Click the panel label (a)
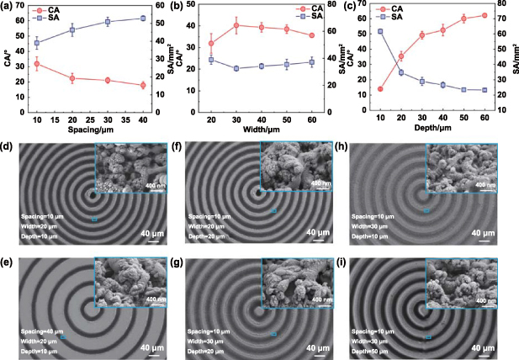point(8,8)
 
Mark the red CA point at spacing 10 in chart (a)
point(36,64)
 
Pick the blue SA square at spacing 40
point(142,18)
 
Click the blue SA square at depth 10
point(380,31)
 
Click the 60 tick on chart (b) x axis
point(313,119)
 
